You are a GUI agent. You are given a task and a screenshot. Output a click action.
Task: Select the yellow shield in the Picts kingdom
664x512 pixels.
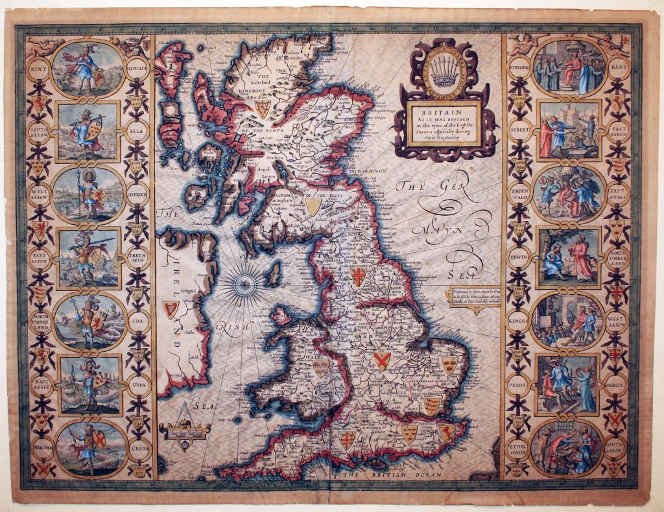(314, 206)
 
